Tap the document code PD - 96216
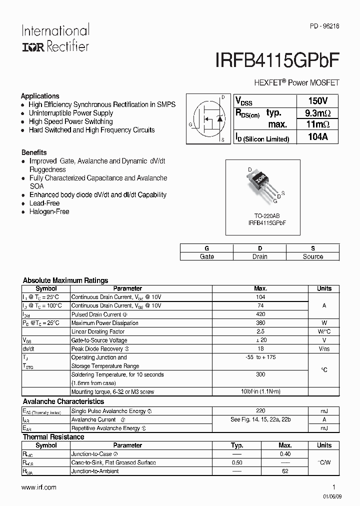click(x=324, y=29)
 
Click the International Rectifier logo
click(x=55, y=38)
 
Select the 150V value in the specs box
click(x=317, y=100)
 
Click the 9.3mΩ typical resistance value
click(x=317, y=113)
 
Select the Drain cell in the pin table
click(x=259, y=256)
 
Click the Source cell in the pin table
click(x=313, y=256)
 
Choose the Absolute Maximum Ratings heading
click(x=65, y=280)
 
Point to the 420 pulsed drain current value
click(x=260, y=314)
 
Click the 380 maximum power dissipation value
click(x=260, y=323)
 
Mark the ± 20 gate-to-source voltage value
click(x=260, y=340)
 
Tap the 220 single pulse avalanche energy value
click(x=260, y=411)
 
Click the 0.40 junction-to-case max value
click(x=285, y=454)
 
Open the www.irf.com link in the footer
click(x=39, y=487)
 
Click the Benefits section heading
click(x=34, y=152)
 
